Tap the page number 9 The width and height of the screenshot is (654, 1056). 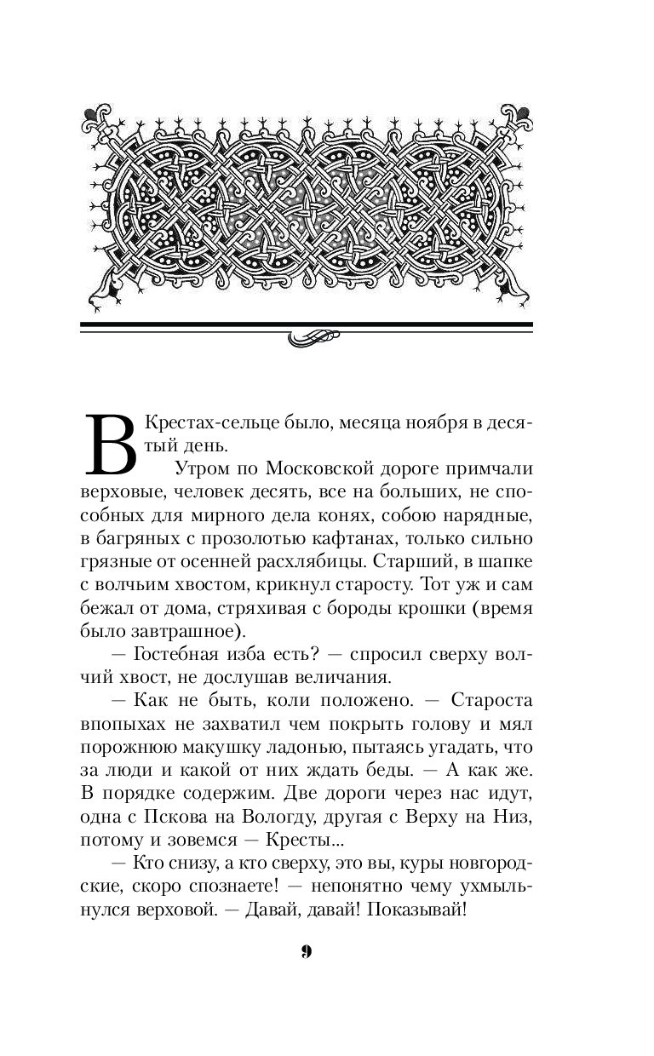(307, 951)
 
